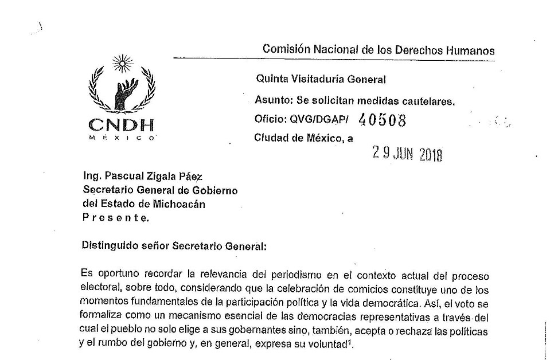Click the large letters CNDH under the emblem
tap(121, 124)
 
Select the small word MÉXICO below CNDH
tap(121, 138)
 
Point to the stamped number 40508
tap(381, 120)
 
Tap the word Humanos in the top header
tap(472, 50)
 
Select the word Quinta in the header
tap(271, 80)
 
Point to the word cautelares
tap(427, 101)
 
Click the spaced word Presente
tap(115, 217)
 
